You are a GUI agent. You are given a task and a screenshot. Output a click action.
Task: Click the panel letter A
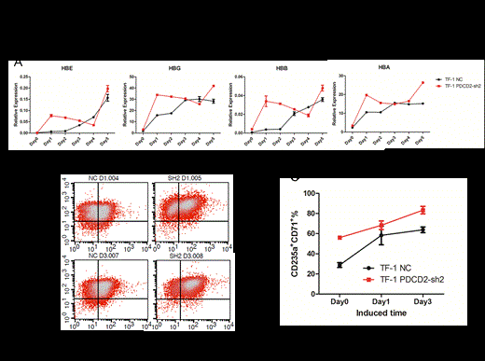(19, 61)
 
